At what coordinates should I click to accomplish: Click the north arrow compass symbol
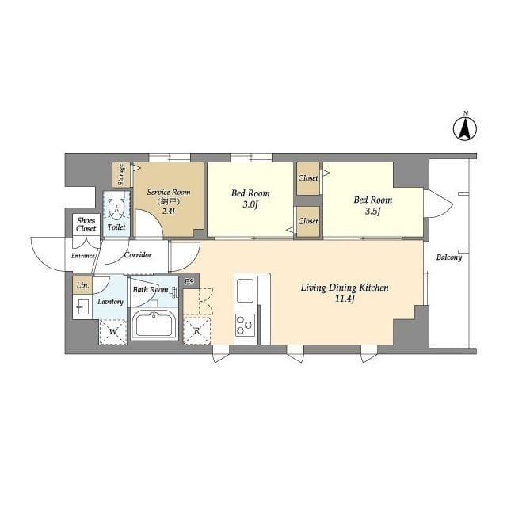coord(465,128)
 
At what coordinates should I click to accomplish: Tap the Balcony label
coord(449,257)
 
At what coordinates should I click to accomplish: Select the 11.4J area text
coord(345,299)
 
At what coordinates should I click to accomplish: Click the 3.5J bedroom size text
coord(372,212)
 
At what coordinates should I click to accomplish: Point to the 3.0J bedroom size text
coord(250,204)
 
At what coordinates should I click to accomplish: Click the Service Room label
coord(169,192)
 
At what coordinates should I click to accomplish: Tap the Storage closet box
coord(121,174)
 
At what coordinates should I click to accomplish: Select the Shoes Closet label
coord(86,224)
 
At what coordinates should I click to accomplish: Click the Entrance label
coord(82,256)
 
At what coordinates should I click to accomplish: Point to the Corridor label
coord(138,255)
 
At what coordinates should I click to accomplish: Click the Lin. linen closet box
coord(82,285)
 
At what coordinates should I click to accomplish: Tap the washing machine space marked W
coord(112,331)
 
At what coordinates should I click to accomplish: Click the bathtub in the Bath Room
coord(154,324)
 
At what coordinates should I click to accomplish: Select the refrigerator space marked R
coord(196,331)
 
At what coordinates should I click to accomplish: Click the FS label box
coord(189,282)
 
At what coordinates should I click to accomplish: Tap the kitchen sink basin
coord(245,290)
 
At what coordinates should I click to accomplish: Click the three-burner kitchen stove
coord(245,325)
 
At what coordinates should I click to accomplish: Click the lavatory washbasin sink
coord(82,307)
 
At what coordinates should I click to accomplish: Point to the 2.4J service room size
coord(168,212)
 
